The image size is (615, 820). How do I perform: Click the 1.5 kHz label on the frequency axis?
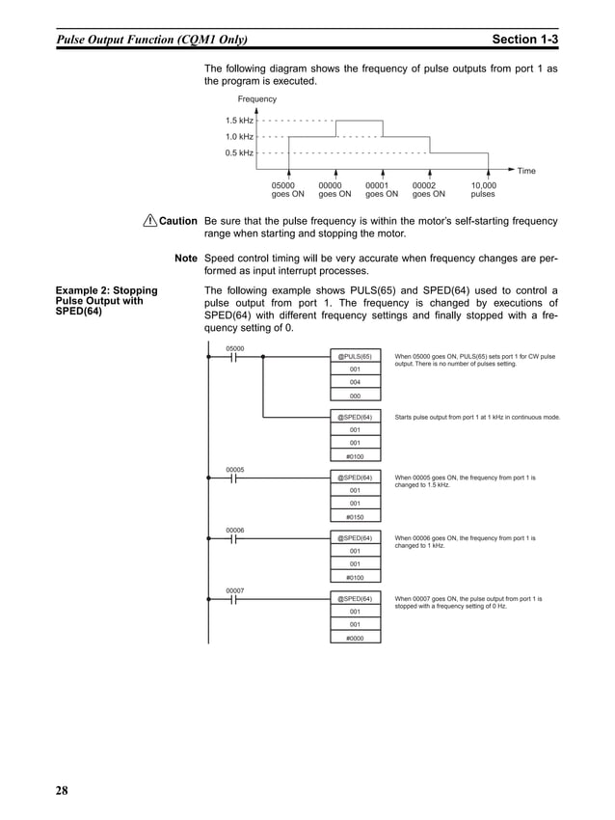pos(239,121)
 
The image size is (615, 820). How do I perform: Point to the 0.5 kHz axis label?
pos(239,152)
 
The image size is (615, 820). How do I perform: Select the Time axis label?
pos(526,171)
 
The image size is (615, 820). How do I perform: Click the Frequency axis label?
pos(256,99)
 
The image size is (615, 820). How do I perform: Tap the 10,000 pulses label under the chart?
pos(483,189)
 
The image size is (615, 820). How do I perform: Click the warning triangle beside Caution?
pos(149,221)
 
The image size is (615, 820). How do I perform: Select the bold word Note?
pos(186,259)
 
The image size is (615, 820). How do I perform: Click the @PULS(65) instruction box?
pos(355,356)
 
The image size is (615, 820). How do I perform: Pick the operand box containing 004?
pos(355,382)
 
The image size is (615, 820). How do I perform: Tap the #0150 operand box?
pos(355,516)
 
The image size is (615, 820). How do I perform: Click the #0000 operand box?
pos(355,637)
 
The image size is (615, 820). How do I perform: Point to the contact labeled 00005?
pos(233,478)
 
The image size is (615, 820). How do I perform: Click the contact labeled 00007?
pos(233,598)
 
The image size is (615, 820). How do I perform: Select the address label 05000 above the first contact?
pos(234,347)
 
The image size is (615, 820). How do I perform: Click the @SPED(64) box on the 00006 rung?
pos(355,537)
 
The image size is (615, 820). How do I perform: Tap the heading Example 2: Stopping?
pos(107,290)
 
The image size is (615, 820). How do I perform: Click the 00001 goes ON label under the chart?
pos(382,189)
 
